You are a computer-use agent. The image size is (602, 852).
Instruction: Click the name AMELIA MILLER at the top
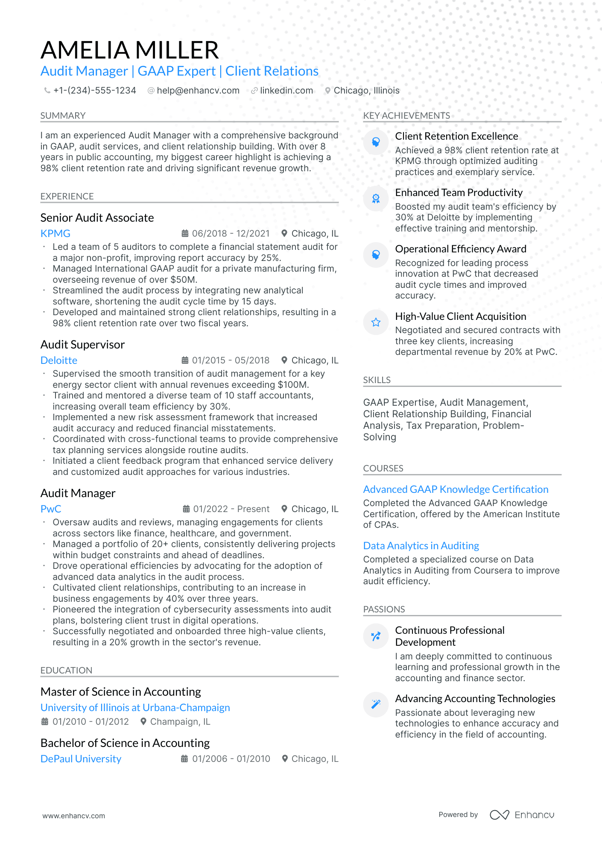click(x=129, y=50)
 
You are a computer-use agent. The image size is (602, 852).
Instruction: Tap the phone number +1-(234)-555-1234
click(x=94, y=91)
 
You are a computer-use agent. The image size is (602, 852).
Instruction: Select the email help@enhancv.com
click(x=198, y=91)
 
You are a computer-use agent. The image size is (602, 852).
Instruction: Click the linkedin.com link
click(x=286, y=91)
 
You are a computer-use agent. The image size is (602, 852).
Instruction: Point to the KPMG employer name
click(x=56, y=234)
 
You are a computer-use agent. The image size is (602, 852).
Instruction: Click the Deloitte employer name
click(x=59, y=360)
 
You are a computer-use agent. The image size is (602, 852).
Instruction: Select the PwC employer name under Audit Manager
click(x=51, y=509)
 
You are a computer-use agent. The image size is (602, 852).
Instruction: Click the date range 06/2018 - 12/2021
click(x=231, y=234)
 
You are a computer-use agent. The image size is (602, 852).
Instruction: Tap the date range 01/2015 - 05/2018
click(x=231, y=360)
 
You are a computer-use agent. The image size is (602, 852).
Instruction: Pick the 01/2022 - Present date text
click(x=231, y=509)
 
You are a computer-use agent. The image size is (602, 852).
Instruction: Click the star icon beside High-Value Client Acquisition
click(x=376, y=322)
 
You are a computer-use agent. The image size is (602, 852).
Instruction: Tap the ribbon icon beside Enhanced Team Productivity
click(x=376, y=199)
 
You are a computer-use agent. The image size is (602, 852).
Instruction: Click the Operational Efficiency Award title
click(x=460, y=249)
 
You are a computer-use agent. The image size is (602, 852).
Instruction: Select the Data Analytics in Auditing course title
click(x=421, y=546)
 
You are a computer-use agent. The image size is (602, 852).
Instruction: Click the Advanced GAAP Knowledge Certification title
click(x=456, y=489)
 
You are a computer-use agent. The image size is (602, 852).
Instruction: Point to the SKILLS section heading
click(x=377, y=380)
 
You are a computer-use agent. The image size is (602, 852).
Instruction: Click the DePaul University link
click(x=81, y=759)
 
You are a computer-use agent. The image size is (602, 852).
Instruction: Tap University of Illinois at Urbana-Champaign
click(x=135, y=708)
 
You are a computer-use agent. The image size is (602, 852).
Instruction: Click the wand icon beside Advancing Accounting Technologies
click(x=376, y=704)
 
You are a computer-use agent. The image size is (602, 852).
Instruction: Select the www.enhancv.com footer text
click(x=73, y=816)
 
